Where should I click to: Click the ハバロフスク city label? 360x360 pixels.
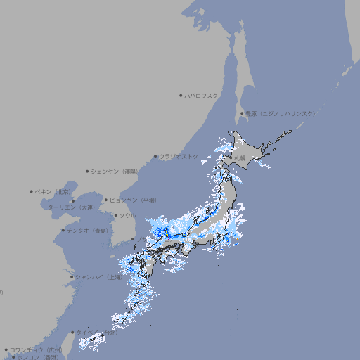[202, 95]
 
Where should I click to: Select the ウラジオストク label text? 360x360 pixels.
[179, 156]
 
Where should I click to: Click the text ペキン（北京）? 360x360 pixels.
[53, 191]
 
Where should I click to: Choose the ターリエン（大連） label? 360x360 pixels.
[71, 207]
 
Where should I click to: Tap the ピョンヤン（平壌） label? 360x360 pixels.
[134, 200]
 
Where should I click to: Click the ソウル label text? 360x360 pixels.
[127, 216]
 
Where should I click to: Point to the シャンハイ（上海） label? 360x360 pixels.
[99, 277]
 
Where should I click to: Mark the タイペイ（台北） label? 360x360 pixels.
[96, 333]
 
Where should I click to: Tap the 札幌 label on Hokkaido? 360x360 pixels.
[241, 157]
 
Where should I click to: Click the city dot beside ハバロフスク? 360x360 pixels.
[181, 95]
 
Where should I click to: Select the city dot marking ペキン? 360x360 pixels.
[32, 191]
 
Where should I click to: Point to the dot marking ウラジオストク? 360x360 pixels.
[155, 157]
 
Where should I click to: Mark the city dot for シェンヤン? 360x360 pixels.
[88, 171]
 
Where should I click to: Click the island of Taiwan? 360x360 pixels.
[91, 342]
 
